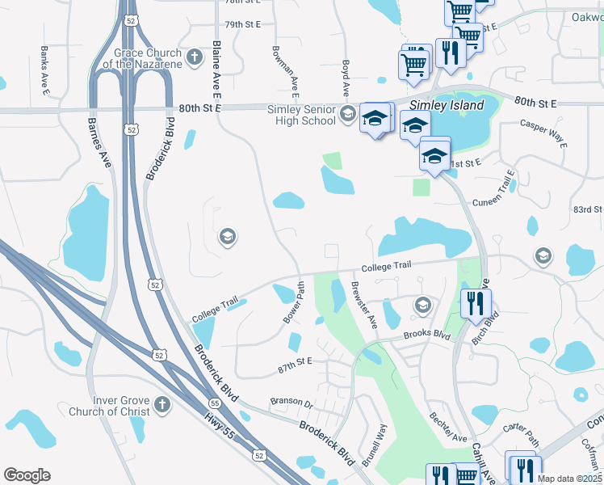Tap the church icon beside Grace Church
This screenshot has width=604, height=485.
click(194, 57)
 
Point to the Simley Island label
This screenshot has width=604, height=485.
click(447, 105)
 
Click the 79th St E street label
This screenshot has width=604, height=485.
click(243, 24)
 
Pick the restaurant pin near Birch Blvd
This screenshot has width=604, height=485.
click(475, 303)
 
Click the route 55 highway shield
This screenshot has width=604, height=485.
click(214, 403)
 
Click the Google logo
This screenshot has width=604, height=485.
click(27, 475)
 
